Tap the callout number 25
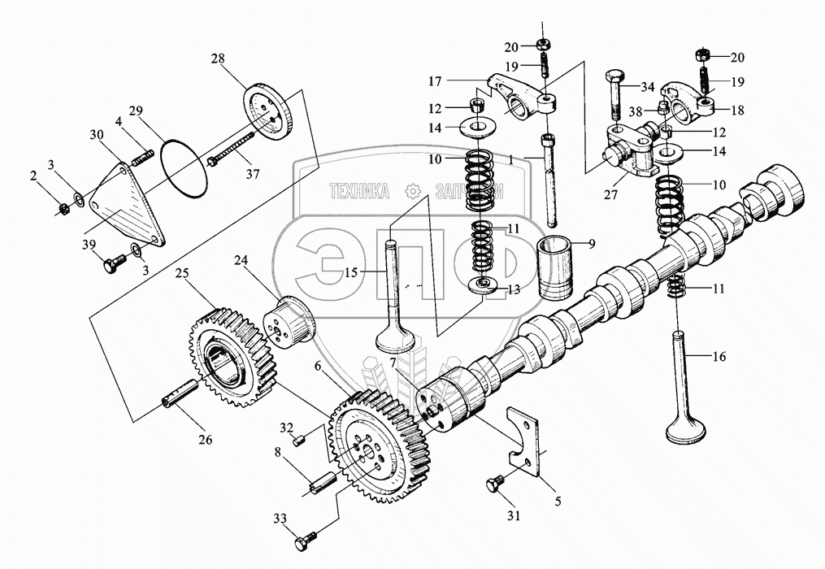pyautogui.click(x=182, y=274)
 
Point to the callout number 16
pyautogui.click(x=720, y=357)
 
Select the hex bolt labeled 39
pyautogui.click(x=114, y=263)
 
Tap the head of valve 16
pyautogui.click(x=684, y=428)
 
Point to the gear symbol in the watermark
pyautogui.click(x=412, y=191)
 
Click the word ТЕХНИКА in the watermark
pyautogui.click(x=358, y=191)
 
